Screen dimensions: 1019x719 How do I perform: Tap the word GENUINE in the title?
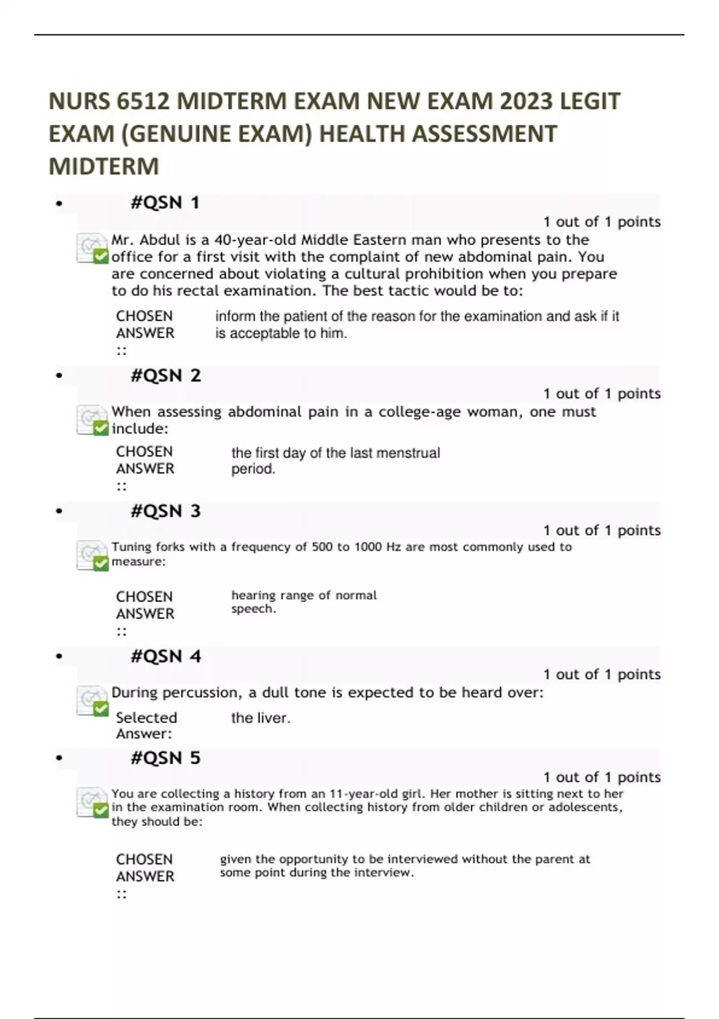(180, 134)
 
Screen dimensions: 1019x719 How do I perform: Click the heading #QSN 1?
(165, 203)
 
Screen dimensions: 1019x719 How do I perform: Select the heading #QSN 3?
(165, 511)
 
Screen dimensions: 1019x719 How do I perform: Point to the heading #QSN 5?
(165, 758)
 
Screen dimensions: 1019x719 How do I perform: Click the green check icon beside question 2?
(100, 427)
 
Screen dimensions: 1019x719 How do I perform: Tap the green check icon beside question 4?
(100, 709)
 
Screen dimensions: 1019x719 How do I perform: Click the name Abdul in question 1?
(160, 240)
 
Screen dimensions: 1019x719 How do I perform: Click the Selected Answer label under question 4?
(146, 725)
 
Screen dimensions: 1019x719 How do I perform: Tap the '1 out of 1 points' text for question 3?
(602, 530)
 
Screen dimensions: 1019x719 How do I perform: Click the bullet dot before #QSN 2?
(59, 376)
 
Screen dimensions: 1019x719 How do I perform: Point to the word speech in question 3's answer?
(253, 609)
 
